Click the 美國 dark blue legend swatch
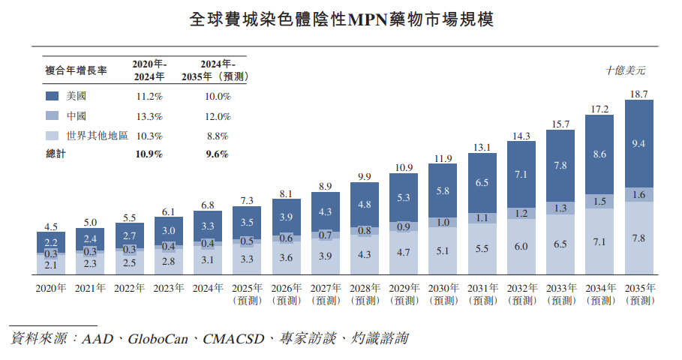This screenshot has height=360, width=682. tap(53, 97)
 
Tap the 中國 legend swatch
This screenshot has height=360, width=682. tap(53, 116)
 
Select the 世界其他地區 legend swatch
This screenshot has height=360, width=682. tap(53, 136)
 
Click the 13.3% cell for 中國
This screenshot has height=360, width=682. tap(149, 116)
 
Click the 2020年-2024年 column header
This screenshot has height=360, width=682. tap(149, 70)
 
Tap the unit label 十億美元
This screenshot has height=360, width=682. tap(625, 71)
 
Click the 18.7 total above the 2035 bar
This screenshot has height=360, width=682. tap(639, 94)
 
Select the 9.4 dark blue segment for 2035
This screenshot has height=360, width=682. tap(639, 144)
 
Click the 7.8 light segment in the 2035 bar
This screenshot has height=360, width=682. tap(639, 238)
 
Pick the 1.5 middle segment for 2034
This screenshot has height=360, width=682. tap(599, 201)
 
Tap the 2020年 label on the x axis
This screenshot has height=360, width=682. tap(50, 288)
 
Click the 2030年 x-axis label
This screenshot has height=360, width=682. tap(443, 288)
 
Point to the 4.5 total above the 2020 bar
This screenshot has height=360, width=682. tap(50, 226)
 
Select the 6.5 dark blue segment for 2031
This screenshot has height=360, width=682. tap(482, 182)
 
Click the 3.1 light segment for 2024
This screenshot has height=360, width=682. tap(208, 259)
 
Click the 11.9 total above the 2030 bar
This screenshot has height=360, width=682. tap(443, 158)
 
